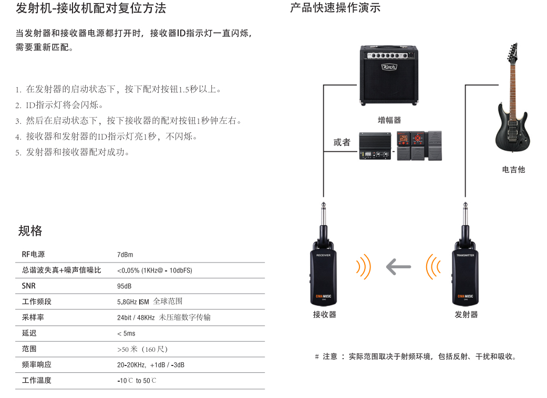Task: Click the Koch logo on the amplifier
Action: (389, 67)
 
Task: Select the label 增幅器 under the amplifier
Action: (389, 120)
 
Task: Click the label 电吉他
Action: (513, 170)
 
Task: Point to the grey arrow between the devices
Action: (398, 267)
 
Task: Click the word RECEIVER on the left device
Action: (323, 256)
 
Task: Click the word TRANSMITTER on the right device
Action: (466, 256)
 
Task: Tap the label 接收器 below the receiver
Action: (324, 315)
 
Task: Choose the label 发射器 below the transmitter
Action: (466, 315)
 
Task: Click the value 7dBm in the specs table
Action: (125, 255)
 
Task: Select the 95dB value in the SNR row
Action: (124, 287)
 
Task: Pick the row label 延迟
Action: (29, 333)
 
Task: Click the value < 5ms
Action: (126, 333)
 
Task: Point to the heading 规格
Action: (30, 231)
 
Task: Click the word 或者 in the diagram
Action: (342, 142)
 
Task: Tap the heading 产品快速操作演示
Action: (335, 8)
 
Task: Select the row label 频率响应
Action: (37, 364)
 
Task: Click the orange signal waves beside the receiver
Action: (364, 267)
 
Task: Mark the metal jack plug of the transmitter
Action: (465, 214)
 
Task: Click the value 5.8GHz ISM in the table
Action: (133, 302)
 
